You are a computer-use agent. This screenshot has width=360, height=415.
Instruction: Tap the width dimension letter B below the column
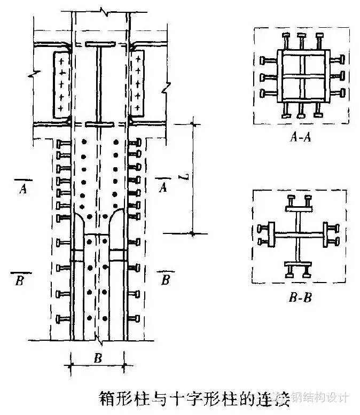(98, 359)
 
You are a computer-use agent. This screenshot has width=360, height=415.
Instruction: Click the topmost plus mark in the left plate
(62, 60)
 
